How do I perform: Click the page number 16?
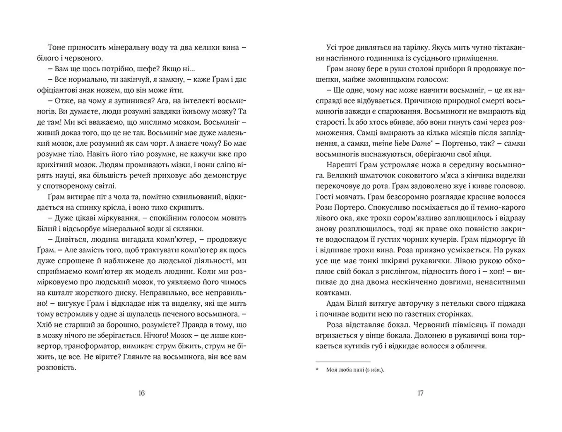(x=141, y=393)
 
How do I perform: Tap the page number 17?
(x=420, y=393)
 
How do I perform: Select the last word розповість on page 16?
(x=56, y=368)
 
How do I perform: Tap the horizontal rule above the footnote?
(x=343, y=362)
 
